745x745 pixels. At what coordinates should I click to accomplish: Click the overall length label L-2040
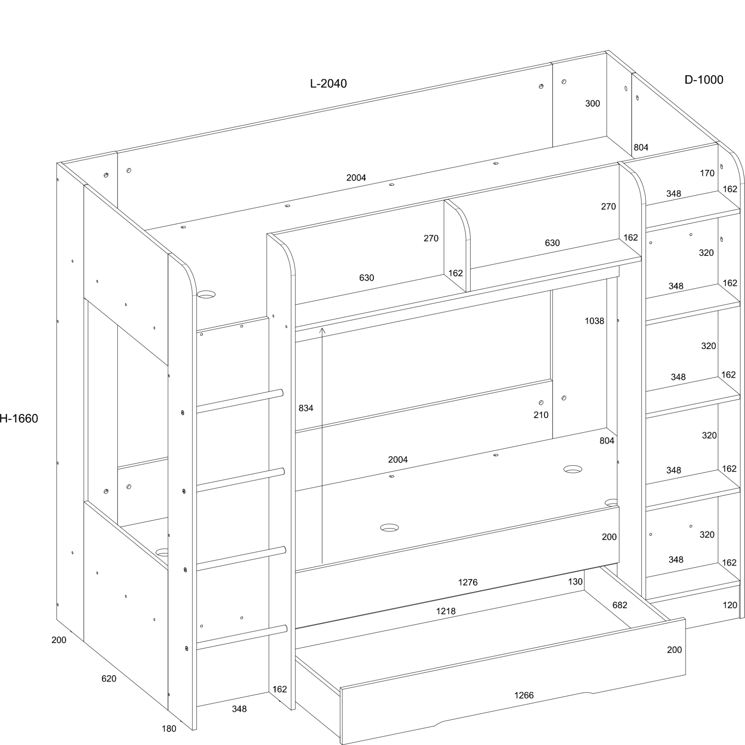328,83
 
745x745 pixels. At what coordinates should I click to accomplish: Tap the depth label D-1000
704,79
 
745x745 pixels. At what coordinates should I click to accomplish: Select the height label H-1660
19,418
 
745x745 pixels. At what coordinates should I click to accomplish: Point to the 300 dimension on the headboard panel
592,103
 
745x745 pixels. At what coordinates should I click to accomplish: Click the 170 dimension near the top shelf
707,173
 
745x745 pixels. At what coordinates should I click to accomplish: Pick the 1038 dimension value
594,321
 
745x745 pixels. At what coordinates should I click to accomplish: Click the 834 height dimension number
306,408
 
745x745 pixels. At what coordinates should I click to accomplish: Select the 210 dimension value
540,415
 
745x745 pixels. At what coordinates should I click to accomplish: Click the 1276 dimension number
468,582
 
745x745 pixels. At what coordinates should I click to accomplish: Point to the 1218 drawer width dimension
446,611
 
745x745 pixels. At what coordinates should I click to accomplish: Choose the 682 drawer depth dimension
620,605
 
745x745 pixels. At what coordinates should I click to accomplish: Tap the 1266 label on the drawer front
524,695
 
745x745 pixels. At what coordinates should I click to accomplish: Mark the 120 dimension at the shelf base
730,605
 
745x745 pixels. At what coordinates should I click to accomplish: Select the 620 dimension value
109,679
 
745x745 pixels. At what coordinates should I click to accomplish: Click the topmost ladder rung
240,402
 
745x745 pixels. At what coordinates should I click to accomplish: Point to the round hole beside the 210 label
541,403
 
